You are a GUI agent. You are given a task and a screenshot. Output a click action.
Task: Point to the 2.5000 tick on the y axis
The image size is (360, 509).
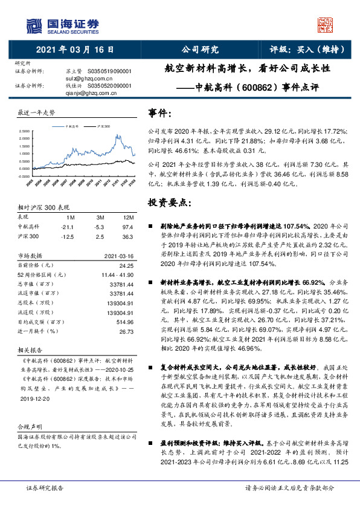[x=25, y=131]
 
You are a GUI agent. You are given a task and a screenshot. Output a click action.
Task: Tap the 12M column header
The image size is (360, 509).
[x=127, y=217]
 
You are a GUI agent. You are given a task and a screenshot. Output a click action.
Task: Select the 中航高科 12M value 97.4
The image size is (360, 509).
[x=127, y=226]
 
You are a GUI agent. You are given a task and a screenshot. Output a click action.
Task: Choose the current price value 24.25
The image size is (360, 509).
[x=126, y=264]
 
